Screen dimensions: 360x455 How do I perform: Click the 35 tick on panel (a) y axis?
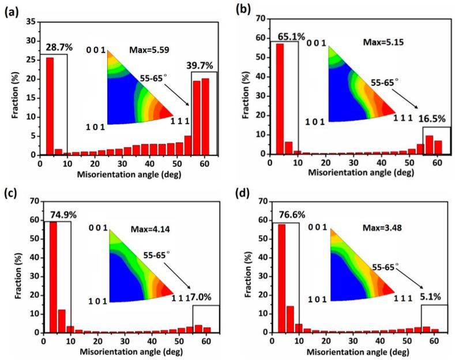point(31,21)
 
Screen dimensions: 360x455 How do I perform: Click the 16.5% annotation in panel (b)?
point(428,118)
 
